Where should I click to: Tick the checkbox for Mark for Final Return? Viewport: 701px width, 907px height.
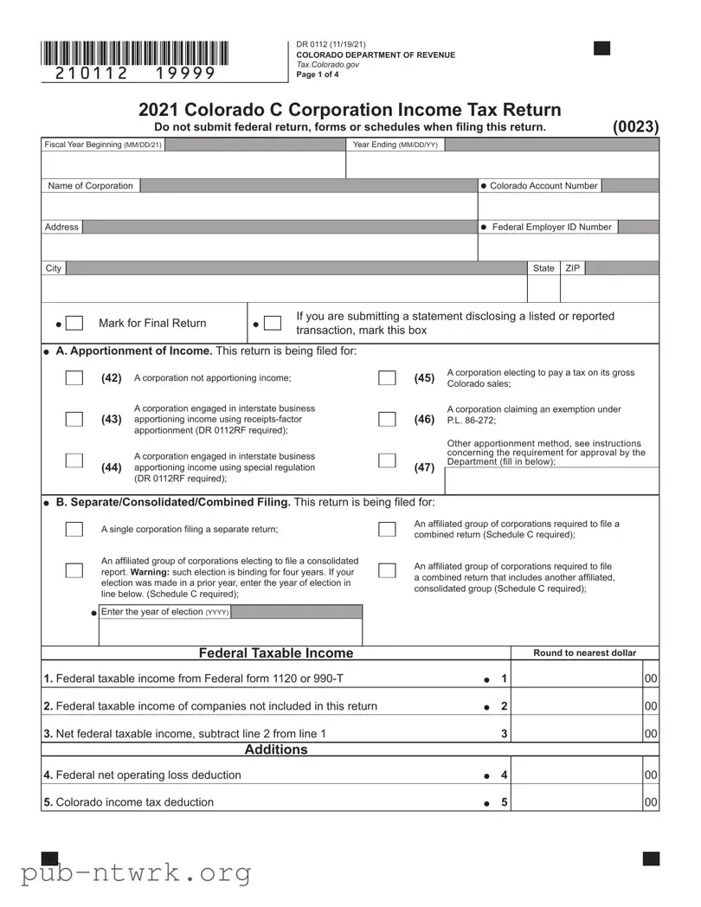tap(74, 324)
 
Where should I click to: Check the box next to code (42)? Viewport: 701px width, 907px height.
tap(74, 378)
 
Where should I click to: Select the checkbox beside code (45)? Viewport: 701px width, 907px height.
tap(387, 378)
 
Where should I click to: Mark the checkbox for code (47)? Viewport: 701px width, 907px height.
tap(387, 460)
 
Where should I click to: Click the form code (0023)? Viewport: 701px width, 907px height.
tap(636, 126)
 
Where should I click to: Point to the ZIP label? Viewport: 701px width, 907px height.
tap(573, 268)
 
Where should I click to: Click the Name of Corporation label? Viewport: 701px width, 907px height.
tap(91, 186)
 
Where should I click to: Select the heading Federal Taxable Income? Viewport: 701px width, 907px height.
tap(276, 653)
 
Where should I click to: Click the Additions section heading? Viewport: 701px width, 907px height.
tap(276, 749)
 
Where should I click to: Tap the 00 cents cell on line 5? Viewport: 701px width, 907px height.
tap(652, 802)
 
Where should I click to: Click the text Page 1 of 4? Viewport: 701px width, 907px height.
tap(318, 74)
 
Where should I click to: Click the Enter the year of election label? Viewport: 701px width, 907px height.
tap(164, 612)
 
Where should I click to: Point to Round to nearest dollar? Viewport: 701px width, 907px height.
tap(584, 653)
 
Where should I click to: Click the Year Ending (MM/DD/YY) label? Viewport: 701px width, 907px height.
tap(396, 145)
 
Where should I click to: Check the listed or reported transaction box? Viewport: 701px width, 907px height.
tap(273, 324)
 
